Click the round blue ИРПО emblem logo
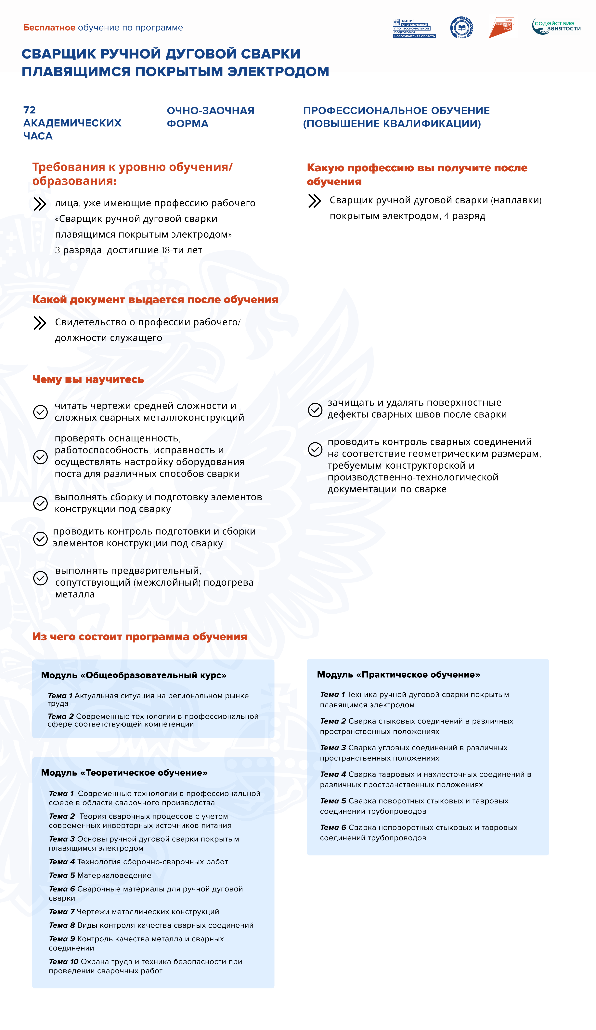point(461,27)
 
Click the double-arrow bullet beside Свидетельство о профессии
point(40,323)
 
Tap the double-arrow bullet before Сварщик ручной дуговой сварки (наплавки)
point(314,201)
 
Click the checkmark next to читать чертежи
point(40,412)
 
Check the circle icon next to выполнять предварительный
point(40,578)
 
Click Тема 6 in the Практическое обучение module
point(333,827)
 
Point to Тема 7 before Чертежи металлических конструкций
point(62,911)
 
